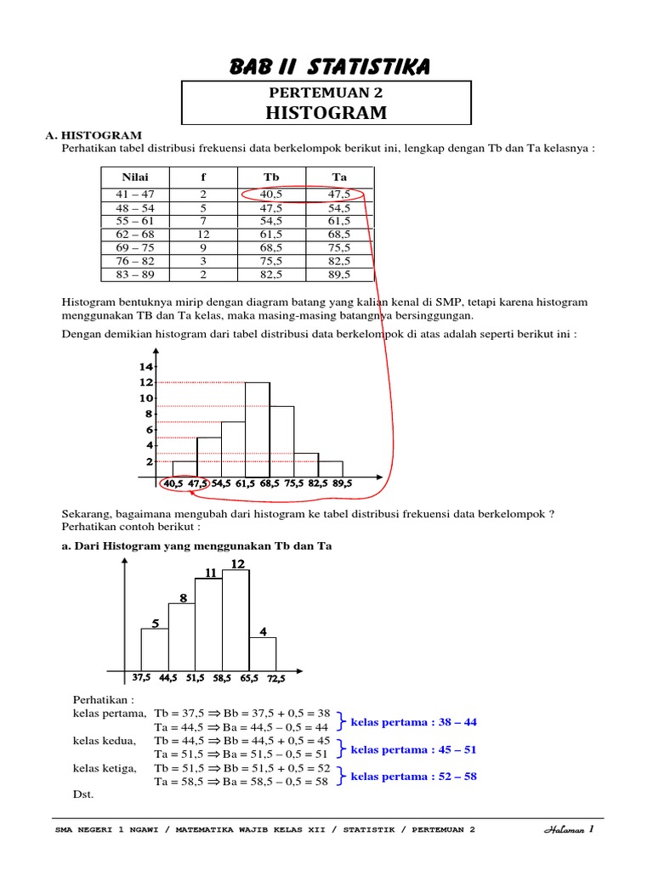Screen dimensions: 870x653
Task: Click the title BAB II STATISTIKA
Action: tap(329, 65)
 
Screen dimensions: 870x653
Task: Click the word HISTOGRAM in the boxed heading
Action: tap(326, 113)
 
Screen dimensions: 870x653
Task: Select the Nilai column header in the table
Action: tap(135, 177)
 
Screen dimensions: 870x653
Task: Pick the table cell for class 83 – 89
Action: tap(135, 275)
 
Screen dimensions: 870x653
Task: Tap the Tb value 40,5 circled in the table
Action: tap(271, 195)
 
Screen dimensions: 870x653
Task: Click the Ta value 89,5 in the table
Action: tap(339, 275)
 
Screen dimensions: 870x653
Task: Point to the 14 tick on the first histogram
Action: tap(145, 366)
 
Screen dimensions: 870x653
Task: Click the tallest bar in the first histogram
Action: tap(258, 429)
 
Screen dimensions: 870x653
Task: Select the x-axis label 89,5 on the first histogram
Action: tap(342, 483)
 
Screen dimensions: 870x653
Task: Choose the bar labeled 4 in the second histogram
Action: tap(263, 653)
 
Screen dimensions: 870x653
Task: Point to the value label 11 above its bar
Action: tap(210, 573)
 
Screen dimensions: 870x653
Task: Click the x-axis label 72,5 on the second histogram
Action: tap(275, 679)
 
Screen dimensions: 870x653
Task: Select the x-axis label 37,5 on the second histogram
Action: tap(141, 678)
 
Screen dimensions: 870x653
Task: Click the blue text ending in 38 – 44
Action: tap(414, 722)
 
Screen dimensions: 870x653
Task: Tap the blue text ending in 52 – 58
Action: tap(414, 777)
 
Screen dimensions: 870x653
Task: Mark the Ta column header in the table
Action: tap(339, 177)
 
